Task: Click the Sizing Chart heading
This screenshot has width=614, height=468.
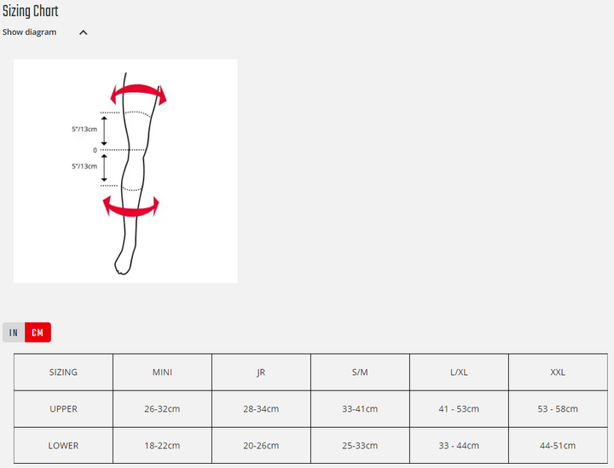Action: click(30, 11)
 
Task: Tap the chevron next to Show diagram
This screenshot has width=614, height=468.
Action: click(83, 32)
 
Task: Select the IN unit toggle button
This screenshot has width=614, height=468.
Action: click(14, 332)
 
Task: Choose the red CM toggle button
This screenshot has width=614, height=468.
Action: click(38, 332)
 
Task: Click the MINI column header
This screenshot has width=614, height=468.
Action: click(162, 373)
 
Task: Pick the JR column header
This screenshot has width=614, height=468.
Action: click(261, 373)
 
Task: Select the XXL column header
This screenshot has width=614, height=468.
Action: click(558, 373)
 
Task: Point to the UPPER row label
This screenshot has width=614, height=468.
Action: click(63, 409)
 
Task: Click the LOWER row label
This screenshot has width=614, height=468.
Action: click(63, 446)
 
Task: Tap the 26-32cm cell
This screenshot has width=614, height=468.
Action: click(162, 409)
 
